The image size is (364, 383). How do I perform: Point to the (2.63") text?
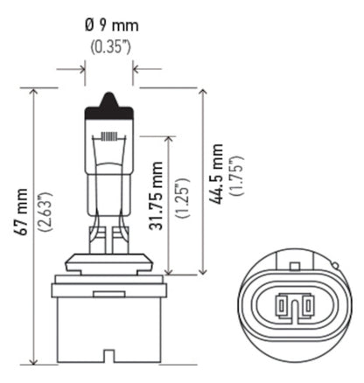tap(45, 224)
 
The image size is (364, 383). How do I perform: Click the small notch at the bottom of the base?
tap(109, 357)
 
